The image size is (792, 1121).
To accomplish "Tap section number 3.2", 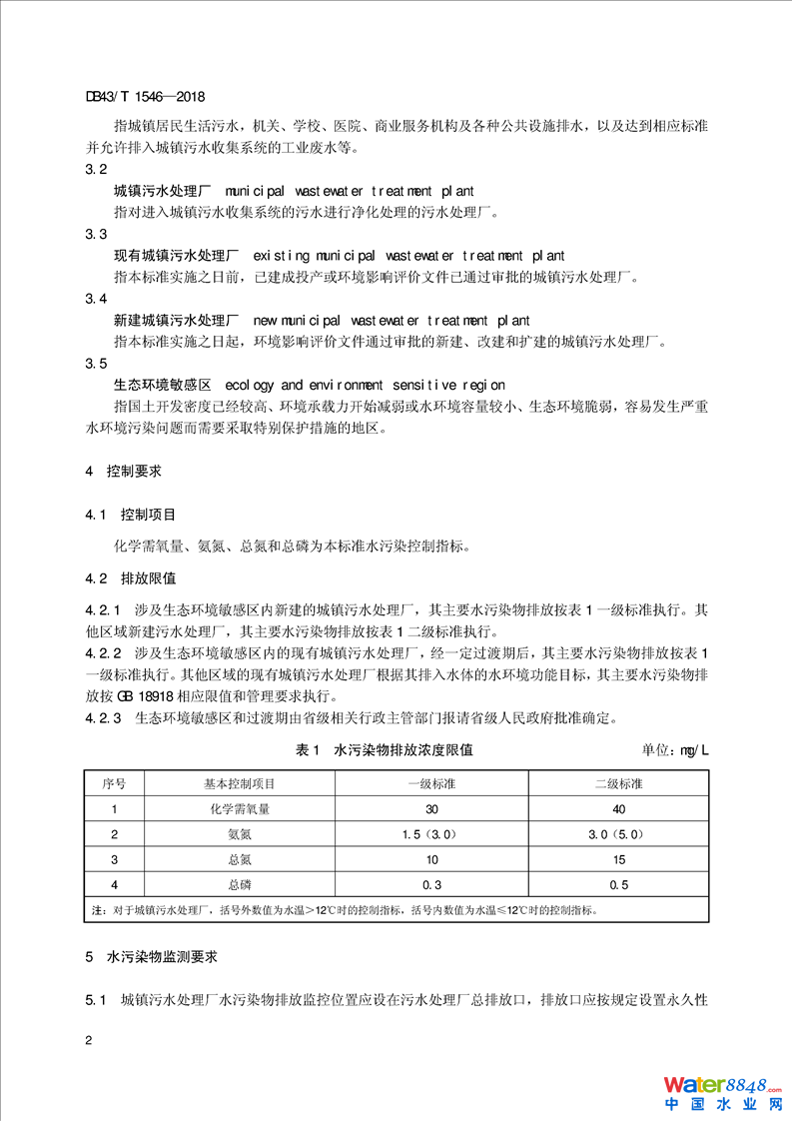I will tap(97, 169).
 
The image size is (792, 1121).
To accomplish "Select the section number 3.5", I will tap(97, 363).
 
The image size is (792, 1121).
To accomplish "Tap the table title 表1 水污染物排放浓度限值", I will tap(385, 749).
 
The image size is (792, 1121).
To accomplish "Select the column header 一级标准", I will tap(432, 784).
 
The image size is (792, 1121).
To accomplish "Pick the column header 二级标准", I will tap(619, 784).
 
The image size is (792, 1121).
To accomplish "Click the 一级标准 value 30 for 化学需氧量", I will tap(432, 809).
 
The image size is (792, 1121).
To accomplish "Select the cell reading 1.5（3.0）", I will tap(432, 834).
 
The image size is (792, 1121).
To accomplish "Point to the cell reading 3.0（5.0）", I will tap(619, 834).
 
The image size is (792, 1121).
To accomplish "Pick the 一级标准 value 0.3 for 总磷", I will tap(432, 884).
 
